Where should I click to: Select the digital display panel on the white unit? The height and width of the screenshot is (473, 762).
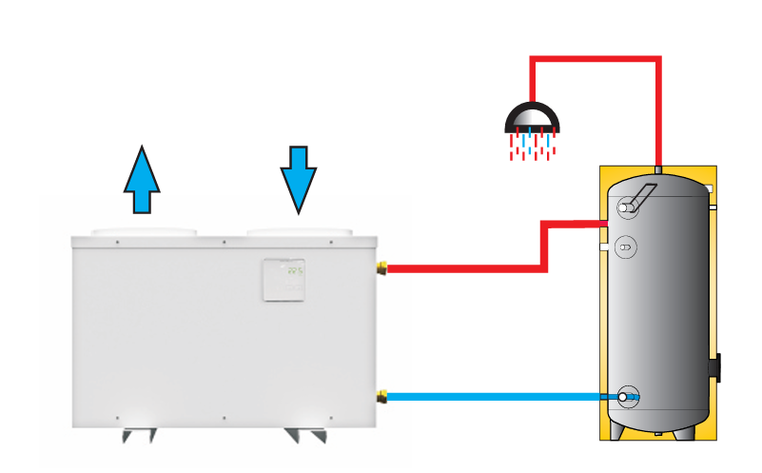point(284,281)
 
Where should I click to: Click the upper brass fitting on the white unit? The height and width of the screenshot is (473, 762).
point(382,268)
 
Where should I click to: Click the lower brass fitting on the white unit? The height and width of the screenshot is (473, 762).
point(382,396)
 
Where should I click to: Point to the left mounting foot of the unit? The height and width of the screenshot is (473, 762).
point(141,435)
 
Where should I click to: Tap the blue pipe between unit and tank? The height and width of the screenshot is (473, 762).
point(495,396)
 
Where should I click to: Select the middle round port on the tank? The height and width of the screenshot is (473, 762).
point(626,245)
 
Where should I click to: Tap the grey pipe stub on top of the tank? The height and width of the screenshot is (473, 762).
point(657,167)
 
